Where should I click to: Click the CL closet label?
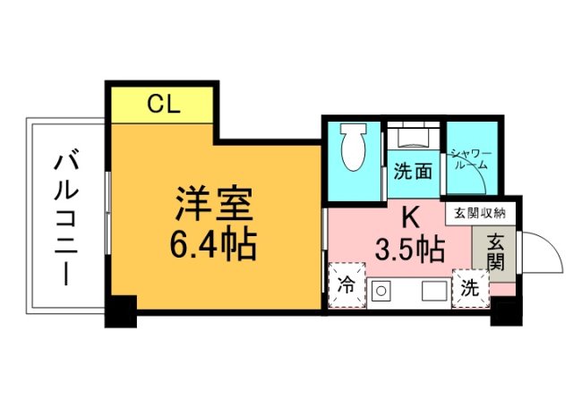(x=164, y=106)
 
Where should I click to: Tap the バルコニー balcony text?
(x=64, y=215)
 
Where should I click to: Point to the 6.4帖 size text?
(x=214, y=243)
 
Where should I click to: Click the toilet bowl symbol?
(x=354, y=147)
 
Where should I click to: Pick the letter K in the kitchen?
(x=410, y=217)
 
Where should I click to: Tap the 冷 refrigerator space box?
(x=347, y=285)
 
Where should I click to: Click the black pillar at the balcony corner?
(x=120, y=310)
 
